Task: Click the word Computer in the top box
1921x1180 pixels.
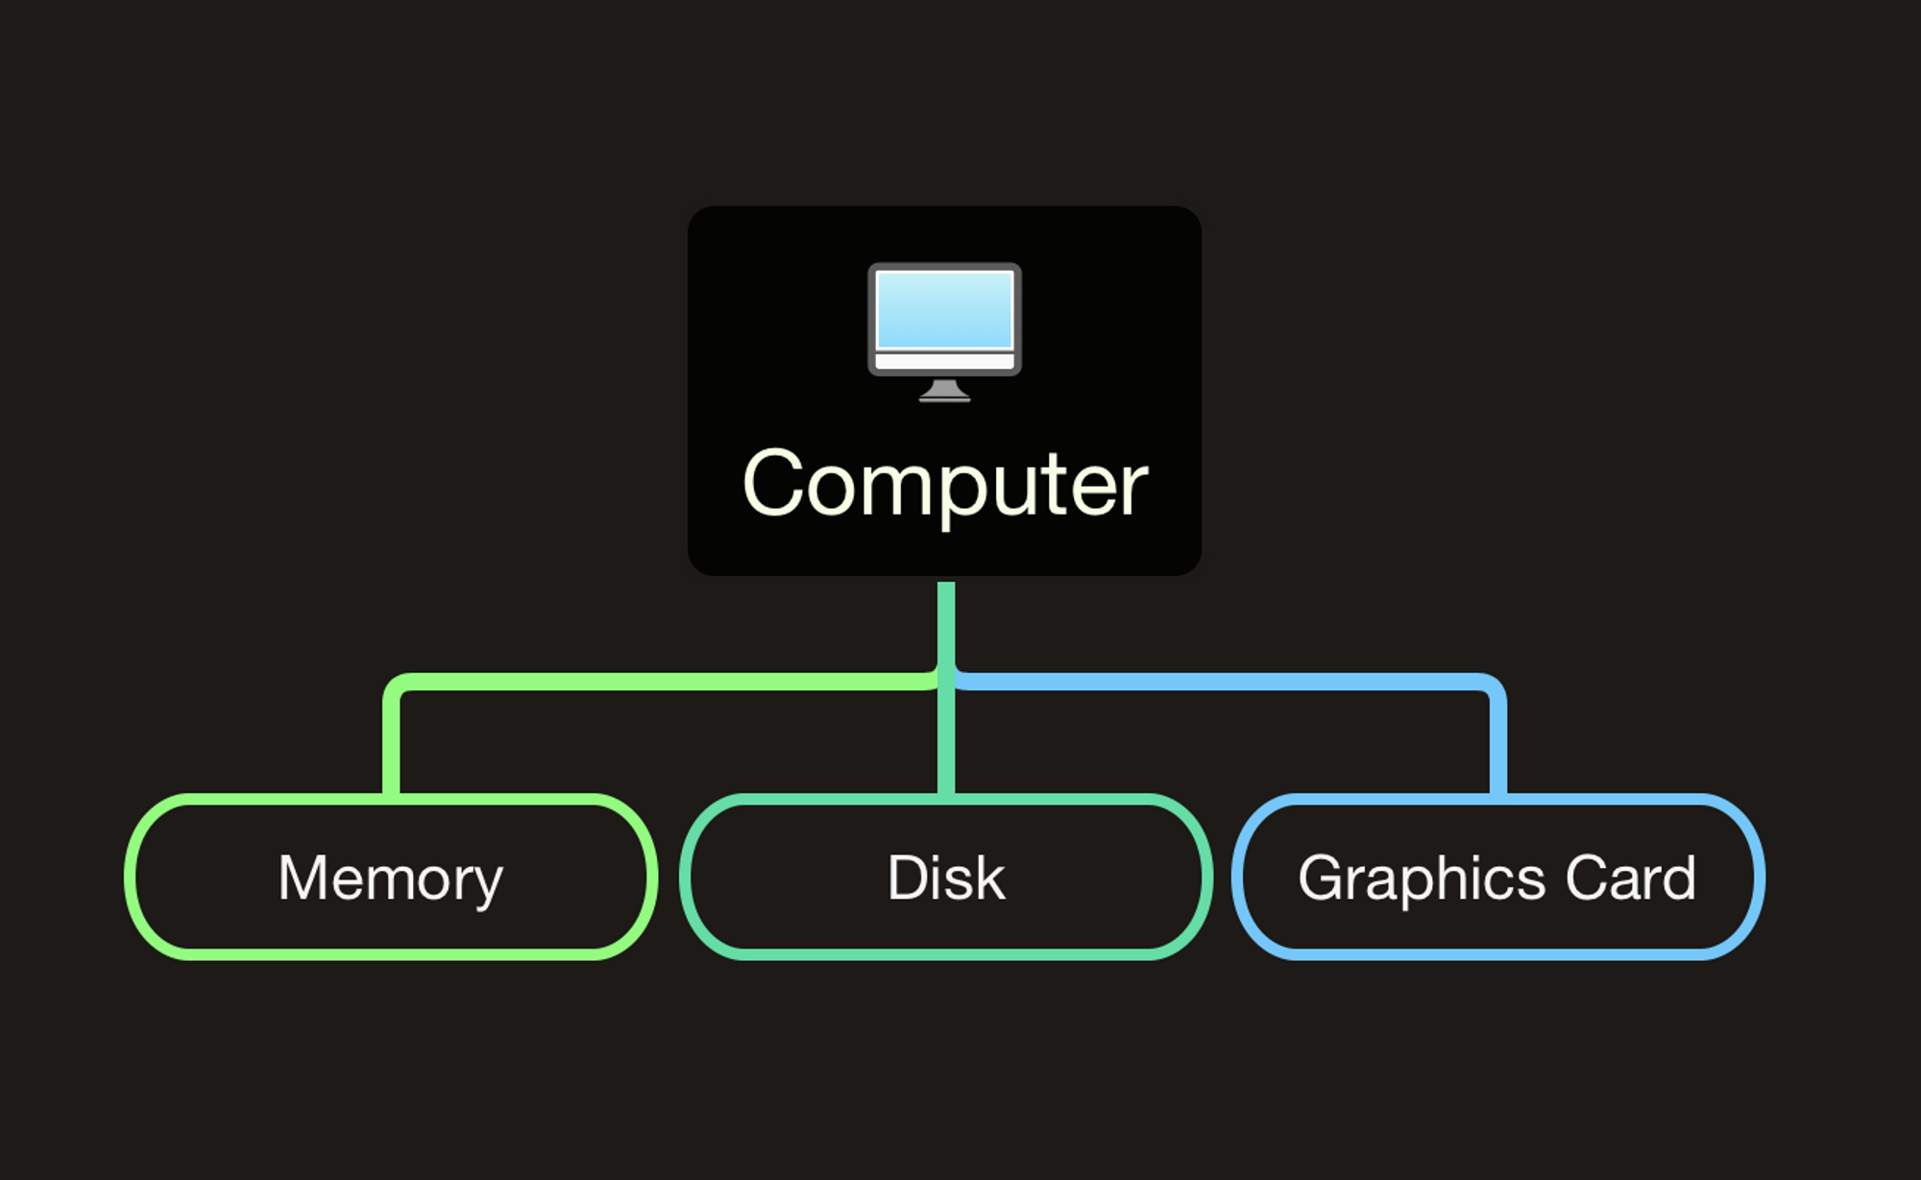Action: pyautogui.click(x=945, y=485)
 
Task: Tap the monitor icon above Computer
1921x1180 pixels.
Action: pyautogui.click(x=944, y=330)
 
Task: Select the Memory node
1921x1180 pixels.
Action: pyautogui.click(x=391, y=877)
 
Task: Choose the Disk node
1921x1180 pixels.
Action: pyautogui.click(x=946, y=877)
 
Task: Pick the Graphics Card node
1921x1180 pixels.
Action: pyautogui.click(x=1497, y=877)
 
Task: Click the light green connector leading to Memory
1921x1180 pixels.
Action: pyautogui.click(x=653, y=682)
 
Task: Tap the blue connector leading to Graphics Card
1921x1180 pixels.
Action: pyautogui.click(x=1229, y=682)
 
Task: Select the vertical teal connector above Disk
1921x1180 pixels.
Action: pyautogui.click(x=946, y=739)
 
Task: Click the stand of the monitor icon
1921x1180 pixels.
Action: pyautogui.click(x=944, y=390)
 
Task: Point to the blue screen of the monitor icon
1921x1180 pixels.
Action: pyautogui.click(x=944, y=307)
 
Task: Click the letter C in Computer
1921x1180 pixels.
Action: pyautogui.click(x=773, y=484)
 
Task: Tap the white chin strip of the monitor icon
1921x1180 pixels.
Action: pyautogui.click(x=944, y=362)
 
